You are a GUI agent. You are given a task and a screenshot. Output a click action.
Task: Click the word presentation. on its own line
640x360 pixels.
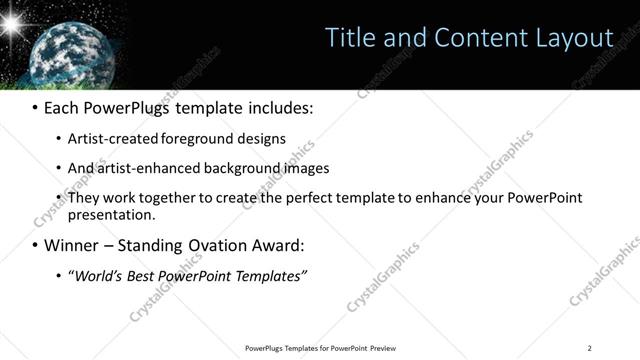[x=111, y=214]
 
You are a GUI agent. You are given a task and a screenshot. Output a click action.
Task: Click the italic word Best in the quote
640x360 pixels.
[x=145, y=275]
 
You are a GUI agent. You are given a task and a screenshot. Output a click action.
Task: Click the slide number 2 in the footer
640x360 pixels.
[x=589, y=348]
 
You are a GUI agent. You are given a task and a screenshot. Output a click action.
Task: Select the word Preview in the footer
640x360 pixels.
[x=383, y=348]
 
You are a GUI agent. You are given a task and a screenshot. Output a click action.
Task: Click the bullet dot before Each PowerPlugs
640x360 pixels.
[x=34, y=107]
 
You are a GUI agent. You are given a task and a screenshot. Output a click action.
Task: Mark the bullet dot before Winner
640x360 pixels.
[x=34, y=246]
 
